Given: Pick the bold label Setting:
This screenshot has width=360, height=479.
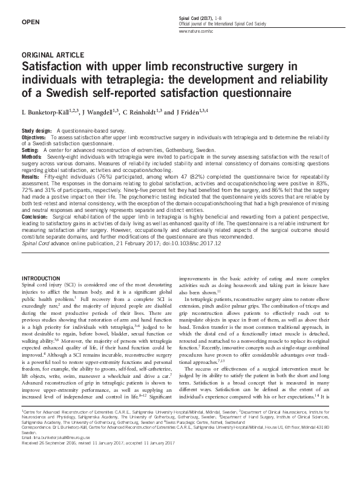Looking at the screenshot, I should pyautogui.click(x=31, y=150).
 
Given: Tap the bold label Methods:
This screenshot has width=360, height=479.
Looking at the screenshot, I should pyautogui.click(x=33, y=156).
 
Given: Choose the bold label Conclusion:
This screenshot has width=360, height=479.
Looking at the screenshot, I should pyautogui.click(x=35, y=216).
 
